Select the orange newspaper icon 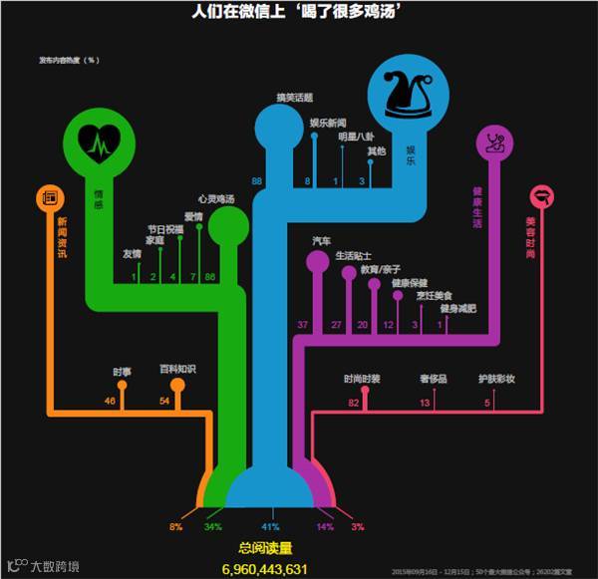click(x=52, y=197)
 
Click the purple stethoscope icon click(x=495, y=142)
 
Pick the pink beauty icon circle click(x=543, y=196)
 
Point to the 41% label click(x=270, y=525)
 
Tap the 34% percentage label click(x=213, y=525)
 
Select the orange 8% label click(x=175, y=525)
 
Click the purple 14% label click(x=325, y=525)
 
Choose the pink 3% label click(x=358, y=525)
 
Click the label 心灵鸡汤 click(x=215, y=199)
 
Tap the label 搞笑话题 click(x=295, y=98)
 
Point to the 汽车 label click(x=321, y=241)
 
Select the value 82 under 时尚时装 click(x=353, y=402)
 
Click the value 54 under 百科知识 click(x=165, y=401)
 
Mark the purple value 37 click(x=303, y=325)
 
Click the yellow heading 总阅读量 click(x=266, y=547)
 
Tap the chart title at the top click(x=298, y=12)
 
